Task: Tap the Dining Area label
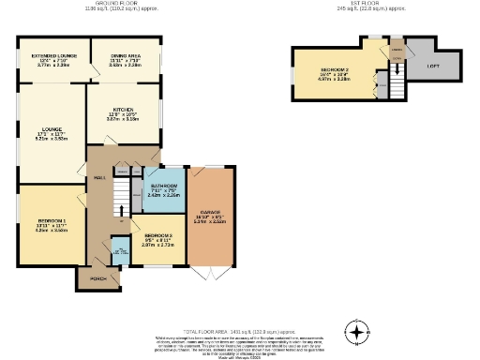click(x=125, y=57)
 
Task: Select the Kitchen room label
click(x=123, y=109)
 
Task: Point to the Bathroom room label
click(x=164, y=187)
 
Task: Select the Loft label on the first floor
click(x=433, y=65)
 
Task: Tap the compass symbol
click(x=356, y=332)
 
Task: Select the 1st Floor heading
click(x=357, y=4)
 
